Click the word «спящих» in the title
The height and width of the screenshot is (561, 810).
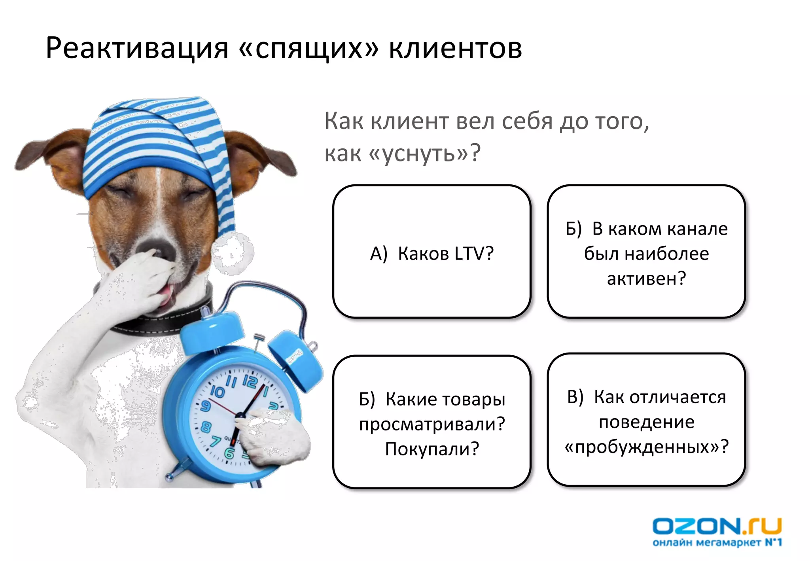(x=309, y=49)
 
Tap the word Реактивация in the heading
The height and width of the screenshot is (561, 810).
(x=137, y=49)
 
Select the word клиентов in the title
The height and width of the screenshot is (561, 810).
(x=455, y=49)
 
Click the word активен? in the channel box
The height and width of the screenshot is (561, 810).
(x=646, y=279)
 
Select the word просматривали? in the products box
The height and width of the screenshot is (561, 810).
(x=432, y=424)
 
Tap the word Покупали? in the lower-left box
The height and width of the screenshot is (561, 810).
(x=432, y=449)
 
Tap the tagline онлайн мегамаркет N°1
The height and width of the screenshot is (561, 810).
(x=717, y=542)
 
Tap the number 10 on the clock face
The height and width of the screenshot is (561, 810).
(x=217, y=392)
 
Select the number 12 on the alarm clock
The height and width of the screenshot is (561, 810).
(x=250, y=381)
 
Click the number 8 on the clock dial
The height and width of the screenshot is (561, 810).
(x=206, y=427)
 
